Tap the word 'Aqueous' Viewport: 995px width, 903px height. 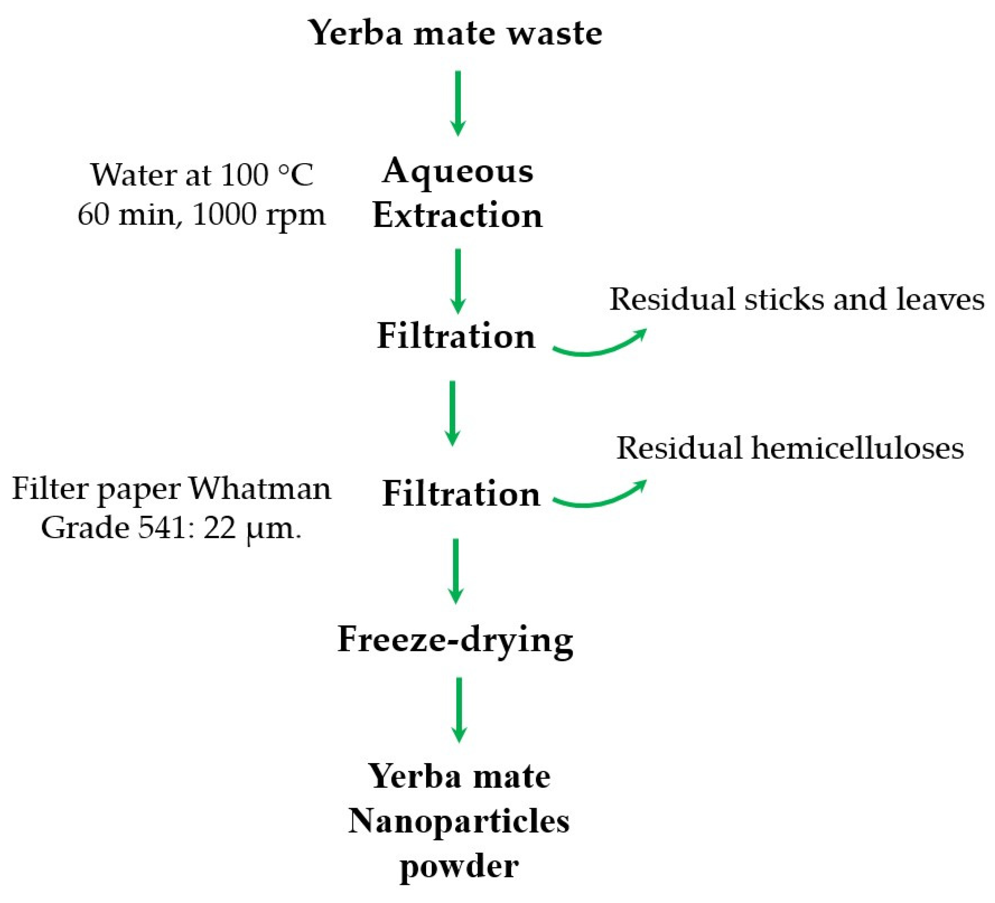458,172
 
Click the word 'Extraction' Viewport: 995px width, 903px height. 458,216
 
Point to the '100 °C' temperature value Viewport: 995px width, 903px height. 266,175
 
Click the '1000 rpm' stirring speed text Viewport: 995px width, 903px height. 259,215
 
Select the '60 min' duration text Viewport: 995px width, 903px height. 126,215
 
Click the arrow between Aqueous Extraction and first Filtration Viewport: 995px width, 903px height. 458,281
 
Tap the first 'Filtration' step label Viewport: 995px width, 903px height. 456,336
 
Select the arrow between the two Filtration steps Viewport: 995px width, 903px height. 453,413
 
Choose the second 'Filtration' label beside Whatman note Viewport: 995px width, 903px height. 461,494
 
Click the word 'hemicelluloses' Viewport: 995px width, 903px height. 858,448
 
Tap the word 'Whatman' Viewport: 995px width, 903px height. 260,489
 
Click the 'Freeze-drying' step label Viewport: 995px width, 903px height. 455,640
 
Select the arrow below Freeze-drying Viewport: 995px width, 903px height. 459,710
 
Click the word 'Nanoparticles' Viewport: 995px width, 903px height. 459,822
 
